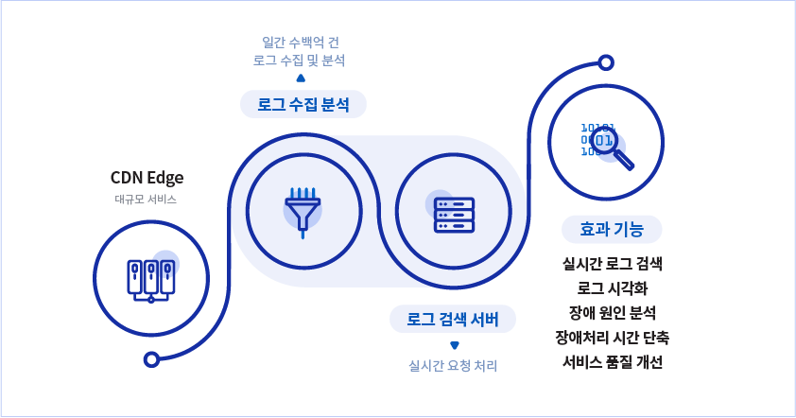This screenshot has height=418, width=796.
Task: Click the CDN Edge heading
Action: point(147,177)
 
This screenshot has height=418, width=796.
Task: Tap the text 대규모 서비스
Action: point(146,200)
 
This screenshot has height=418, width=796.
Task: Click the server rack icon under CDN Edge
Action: point(150,279)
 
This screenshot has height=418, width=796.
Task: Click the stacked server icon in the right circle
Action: point(453,214)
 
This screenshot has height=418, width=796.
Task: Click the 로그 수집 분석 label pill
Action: point(303,105)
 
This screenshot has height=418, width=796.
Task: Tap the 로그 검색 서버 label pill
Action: point(453,319)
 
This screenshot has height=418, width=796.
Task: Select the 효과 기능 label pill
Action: point(612,229)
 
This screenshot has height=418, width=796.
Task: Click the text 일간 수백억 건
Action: point(300,42)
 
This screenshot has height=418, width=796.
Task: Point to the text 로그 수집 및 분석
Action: point(300,60)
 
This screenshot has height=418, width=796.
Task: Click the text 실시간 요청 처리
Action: point(452,365)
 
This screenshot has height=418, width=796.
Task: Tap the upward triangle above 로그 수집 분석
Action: point(301,78)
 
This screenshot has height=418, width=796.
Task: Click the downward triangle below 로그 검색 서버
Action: point(454,344)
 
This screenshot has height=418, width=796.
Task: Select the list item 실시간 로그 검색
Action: point(612,263)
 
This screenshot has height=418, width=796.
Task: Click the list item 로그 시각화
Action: point(612,287)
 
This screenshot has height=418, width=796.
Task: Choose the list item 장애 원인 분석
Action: point(612,312)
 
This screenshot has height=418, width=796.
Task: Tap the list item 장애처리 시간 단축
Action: point(612,337)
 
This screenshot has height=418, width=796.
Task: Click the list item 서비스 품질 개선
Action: point(612,361)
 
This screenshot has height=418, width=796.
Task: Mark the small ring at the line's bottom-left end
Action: point(149,359)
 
